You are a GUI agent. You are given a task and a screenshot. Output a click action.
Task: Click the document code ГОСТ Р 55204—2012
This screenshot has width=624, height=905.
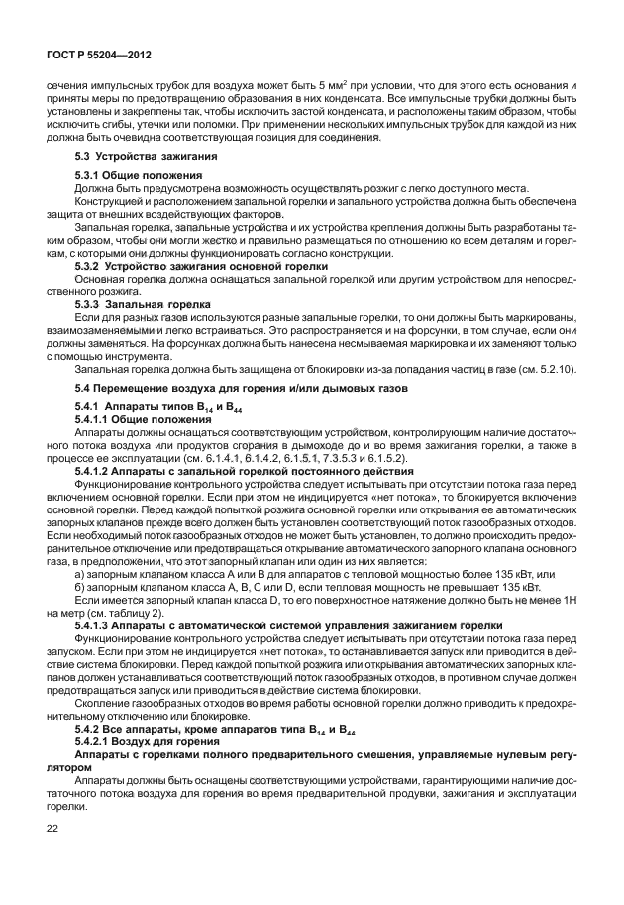click(91, 57)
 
